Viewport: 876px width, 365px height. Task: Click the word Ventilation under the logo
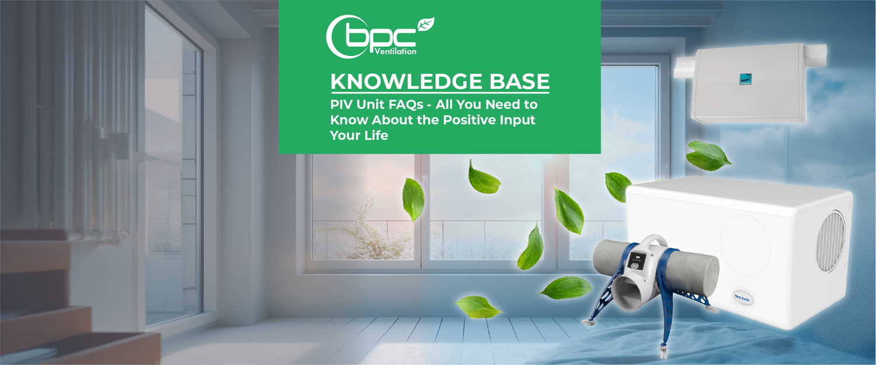[394, 51]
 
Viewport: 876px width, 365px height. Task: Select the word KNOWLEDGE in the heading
[397, 82]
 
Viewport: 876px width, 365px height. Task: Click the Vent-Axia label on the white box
[740, 298]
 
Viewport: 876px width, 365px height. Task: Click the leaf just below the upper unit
[707, 156]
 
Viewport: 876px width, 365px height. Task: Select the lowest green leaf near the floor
[478, 307]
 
